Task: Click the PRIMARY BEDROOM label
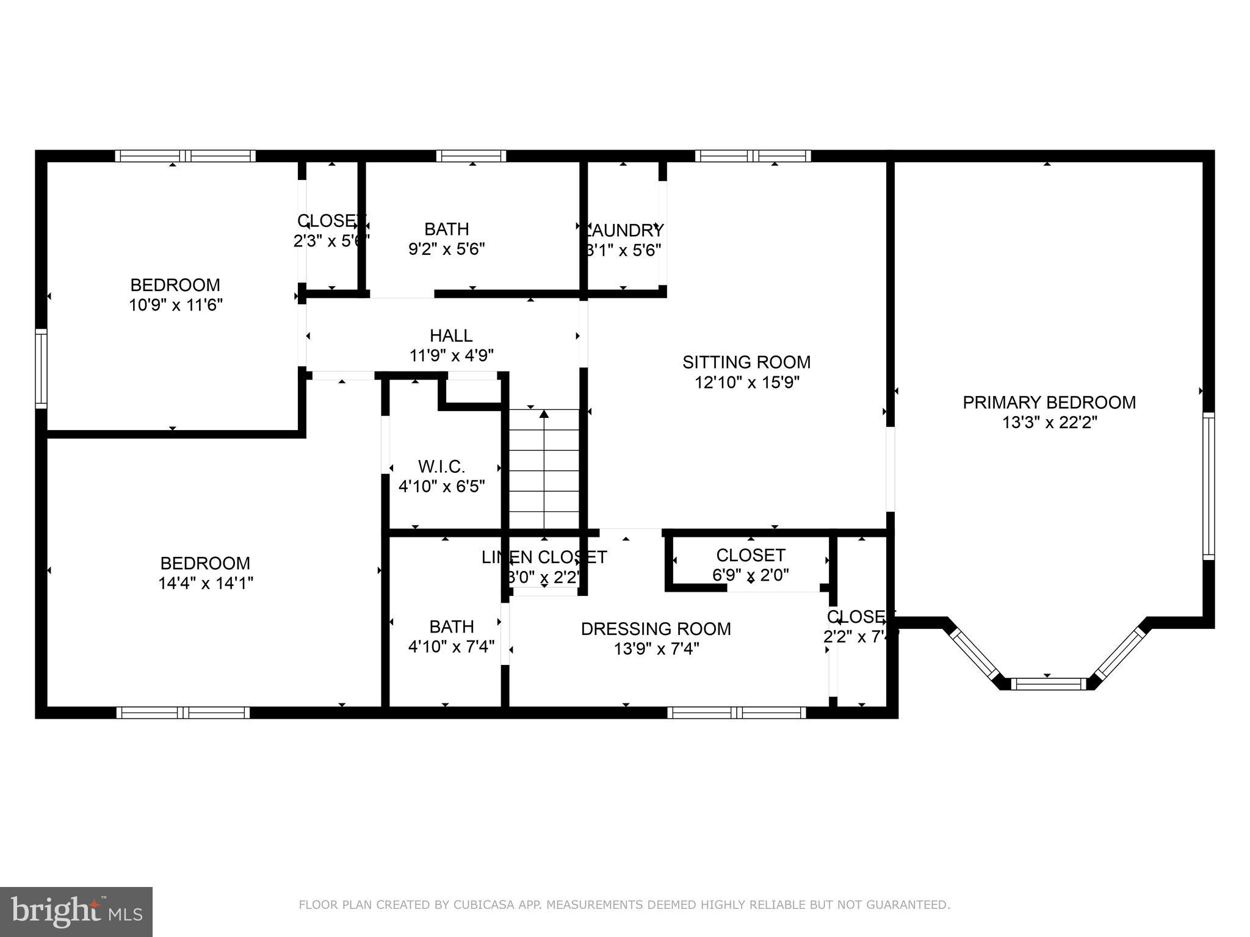pyautogui.click(x=1049, y=403)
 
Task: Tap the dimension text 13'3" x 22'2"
pyautogui.click(x=1049, y=423)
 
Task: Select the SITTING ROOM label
pyautogui.click(x=746, y=362)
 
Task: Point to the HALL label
pyautogui.click(x=451, y=336)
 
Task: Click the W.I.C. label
pyautogui.click(x=441, y=467)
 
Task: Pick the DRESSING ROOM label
pyautogui.click(x=656, y=629)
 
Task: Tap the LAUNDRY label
pyautogui.click(x=624, y=231)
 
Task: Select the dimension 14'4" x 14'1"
pyautogui.click(x=206, y=584)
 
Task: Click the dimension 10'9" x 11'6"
pyautogui.click(x=176, y=305)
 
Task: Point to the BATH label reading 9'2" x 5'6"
pyautogui.click(x=447, y=229)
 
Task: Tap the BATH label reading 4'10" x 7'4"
pyautogui.click(x=451, y=626)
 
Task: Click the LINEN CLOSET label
pyautogui.click(x=544, y=557)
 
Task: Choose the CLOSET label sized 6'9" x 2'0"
pyautogui.click(x=750, y=555)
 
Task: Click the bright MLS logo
pyautogui.click(x=76, y=912)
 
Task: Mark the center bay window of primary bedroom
pyautogui.click(x=1048, y=684)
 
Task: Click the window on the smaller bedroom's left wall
pyautogui.click(x=41, y=368)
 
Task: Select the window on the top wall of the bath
pyautogui.click(x=471, y=156)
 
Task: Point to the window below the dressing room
pyautogui.click(x=737, y=713)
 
